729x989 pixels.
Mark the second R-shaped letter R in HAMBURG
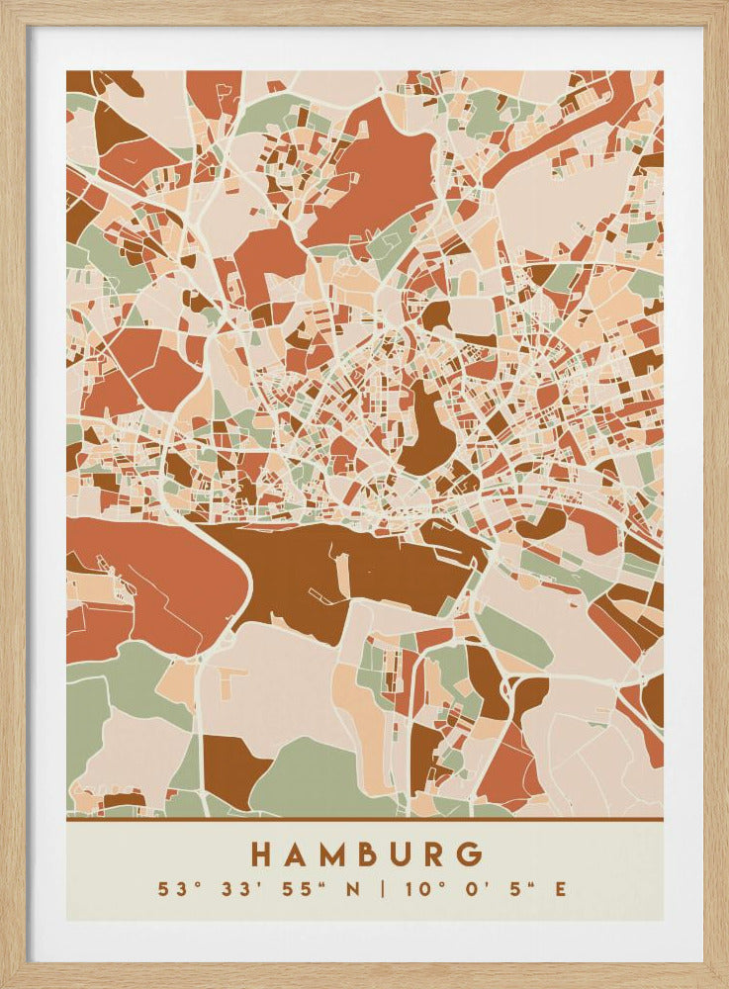click(438, 854)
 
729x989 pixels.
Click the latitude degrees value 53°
click(177, 889)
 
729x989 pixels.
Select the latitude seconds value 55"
click(288, 889)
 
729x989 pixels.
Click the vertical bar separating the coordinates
click(382, 889)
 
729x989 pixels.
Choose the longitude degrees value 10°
click(419, 889)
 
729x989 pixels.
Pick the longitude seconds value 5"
click(512, 889)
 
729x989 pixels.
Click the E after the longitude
click(561, 889)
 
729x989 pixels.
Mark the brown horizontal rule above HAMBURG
click(364, 819)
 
